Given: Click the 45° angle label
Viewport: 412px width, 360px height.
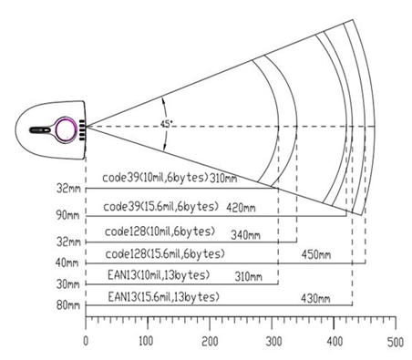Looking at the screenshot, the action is (167, 124).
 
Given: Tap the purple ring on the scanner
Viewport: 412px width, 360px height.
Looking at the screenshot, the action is (57, 130).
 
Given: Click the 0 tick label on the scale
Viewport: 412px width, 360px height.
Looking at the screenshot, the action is (86, 341).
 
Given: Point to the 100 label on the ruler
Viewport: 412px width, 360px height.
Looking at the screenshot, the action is (146, 341).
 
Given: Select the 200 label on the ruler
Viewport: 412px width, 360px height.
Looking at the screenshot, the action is (210, 341).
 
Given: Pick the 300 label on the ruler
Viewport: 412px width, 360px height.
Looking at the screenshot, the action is (273, 342).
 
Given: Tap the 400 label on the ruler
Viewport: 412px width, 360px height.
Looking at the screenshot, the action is (335, 342).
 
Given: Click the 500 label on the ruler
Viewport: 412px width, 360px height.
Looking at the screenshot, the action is (396, 342).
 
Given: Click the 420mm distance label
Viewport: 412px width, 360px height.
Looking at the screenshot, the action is (241, 208).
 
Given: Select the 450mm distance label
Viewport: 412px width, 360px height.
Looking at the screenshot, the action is (316, 254).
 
